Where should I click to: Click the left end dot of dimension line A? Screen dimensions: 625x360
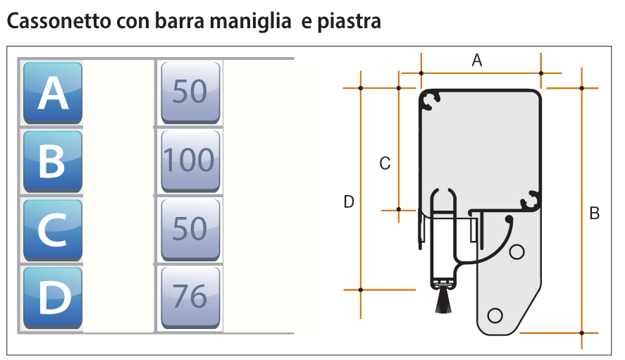point(421,73)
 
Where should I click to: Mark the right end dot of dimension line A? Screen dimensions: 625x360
point(541,73)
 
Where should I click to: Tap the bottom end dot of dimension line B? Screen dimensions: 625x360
point(582,333)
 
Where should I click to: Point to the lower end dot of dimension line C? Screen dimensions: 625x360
point(399,209)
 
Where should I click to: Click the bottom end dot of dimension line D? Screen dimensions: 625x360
point(361,290)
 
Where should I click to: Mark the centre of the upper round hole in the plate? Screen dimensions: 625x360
point(517,252)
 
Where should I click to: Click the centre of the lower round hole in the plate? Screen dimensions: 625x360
point(495,316)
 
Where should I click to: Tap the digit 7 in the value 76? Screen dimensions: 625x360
point(180,297)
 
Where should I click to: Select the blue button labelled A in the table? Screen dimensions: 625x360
point(53,93)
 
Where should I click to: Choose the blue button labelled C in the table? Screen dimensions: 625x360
point(53,230)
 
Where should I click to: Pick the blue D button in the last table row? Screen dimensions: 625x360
point(53,298)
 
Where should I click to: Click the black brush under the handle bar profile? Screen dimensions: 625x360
point(443,302)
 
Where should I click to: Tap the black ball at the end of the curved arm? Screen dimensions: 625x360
point(509,218)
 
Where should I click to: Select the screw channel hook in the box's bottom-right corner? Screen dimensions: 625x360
point(530,200)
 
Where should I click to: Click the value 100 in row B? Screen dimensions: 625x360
point(189,160)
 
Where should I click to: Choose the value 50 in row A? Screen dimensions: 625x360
point(190,92)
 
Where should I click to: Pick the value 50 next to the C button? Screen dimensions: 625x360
point(190,229)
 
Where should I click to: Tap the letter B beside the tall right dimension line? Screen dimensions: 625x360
point(594,213)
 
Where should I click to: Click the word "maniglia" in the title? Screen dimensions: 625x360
point(250,21)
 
